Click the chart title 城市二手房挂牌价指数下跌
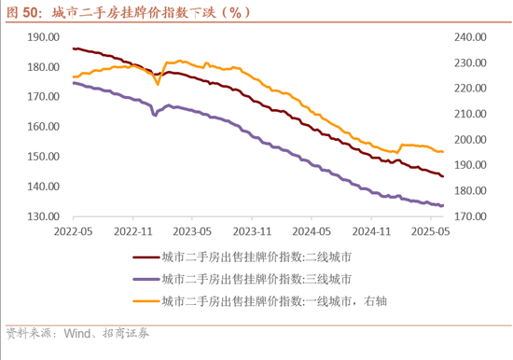(x=140, y=11)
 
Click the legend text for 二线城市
(x=256, y=256)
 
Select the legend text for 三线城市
(x=256, y=279)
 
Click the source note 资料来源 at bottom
(x=76, y=333)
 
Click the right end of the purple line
(x=443, y=205)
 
